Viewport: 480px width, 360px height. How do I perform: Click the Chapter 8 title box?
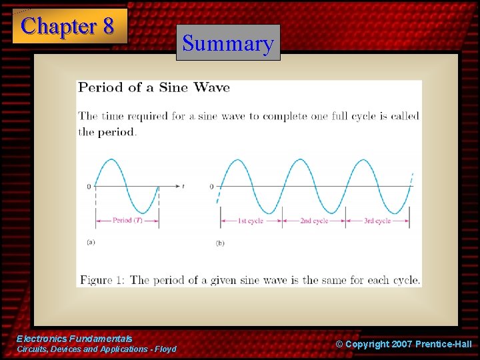(69, 26)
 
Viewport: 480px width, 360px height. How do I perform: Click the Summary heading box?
(228, 43)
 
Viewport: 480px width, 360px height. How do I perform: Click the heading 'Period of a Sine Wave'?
(154, 87)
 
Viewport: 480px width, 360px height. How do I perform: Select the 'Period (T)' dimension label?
(127, 221)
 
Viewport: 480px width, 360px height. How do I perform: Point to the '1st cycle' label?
(251, 221)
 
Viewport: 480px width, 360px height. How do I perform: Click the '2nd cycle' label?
(313, 221)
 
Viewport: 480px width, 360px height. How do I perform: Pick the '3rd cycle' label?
(377, 221)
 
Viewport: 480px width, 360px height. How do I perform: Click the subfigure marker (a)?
(91, 242)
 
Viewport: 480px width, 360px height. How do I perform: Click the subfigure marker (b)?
(220, 243)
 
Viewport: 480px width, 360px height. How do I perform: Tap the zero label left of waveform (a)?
(88, 187)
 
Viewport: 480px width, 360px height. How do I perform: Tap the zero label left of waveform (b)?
(212, 187)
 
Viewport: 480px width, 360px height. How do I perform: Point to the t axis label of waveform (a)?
(183, 186)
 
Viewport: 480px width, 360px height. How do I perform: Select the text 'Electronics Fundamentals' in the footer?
(75, 339)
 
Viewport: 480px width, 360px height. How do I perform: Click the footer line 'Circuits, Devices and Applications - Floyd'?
(97, 349)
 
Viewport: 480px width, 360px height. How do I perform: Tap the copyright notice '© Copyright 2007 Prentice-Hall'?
(403, 344)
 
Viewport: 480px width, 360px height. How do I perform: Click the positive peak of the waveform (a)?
(111, 159)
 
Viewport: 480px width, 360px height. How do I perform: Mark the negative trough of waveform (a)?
(143, 213)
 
